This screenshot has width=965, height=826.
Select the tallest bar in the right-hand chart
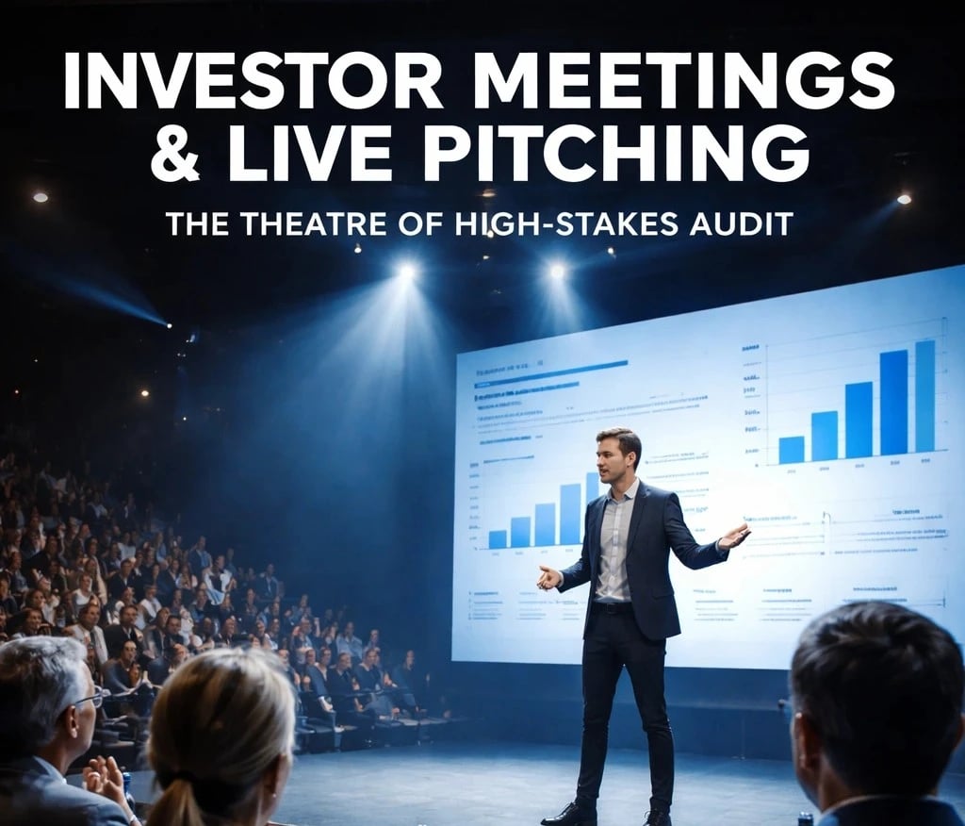pyautogui.click(x=924, y=395)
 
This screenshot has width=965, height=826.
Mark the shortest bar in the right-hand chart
pyautogui.click(x=792, y=450)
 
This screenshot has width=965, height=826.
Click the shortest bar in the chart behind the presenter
pyautogui.click(x=498, y=538)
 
